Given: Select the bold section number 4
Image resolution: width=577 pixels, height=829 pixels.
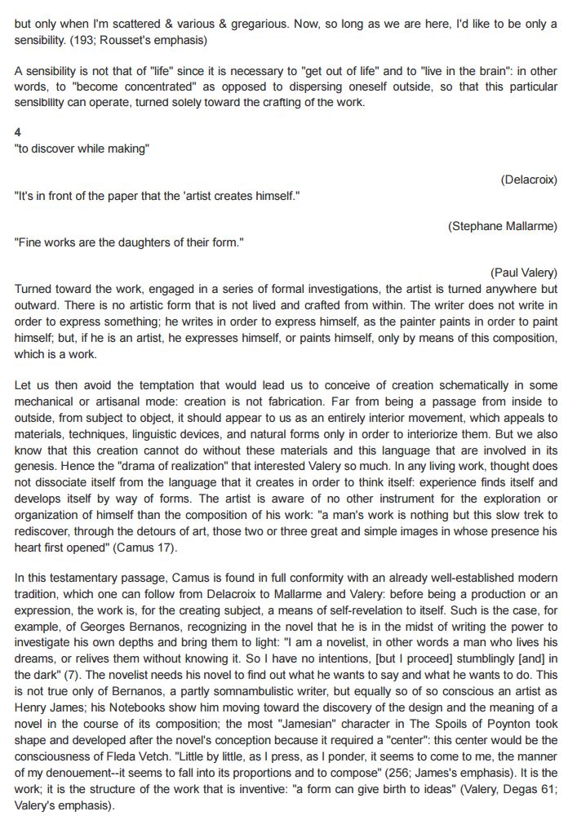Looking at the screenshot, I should (x=18, y=132).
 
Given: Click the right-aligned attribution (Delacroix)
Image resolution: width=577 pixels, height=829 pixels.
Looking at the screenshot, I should (x=529, y=180).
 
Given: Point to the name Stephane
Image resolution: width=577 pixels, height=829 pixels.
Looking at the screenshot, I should (x=477, y=226).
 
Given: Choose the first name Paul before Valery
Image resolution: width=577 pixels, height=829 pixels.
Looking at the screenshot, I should (x=507, y=273).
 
